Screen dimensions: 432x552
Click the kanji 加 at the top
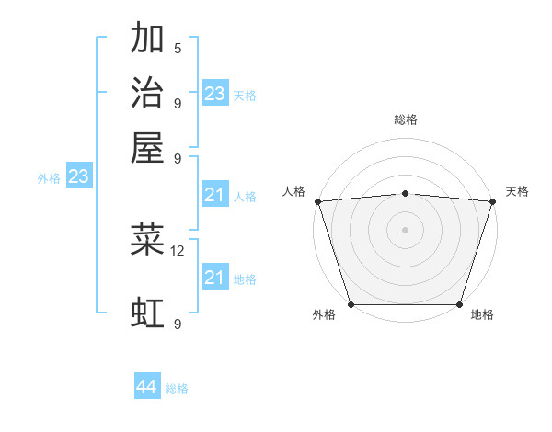point(147,40)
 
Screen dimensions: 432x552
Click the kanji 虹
point(147,313)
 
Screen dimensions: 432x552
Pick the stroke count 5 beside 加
point(178,49)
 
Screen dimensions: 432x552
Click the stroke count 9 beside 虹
point(178,324)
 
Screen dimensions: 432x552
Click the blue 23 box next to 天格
point(215,94)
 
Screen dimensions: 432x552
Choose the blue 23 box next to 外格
point(78,176)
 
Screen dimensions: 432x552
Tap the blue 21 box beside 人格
point(214,195)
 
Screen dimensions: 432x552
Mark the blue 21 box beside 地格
point(214,278)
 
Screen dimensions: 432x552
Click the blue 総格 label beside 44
point(177,389)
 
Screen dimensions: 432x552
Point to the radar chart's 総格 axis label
point(406,119)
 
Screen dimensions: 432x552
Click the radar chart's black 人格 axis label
point(294,191)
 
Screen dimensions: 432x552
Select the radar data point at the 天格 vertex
point(492,201)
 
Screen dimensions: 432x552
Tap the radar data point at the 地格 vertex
point(459,303)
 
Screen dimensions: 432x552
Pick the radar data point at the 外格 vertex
point(351,303)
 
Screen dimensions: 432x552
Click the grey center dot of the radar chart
point(405,229)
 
